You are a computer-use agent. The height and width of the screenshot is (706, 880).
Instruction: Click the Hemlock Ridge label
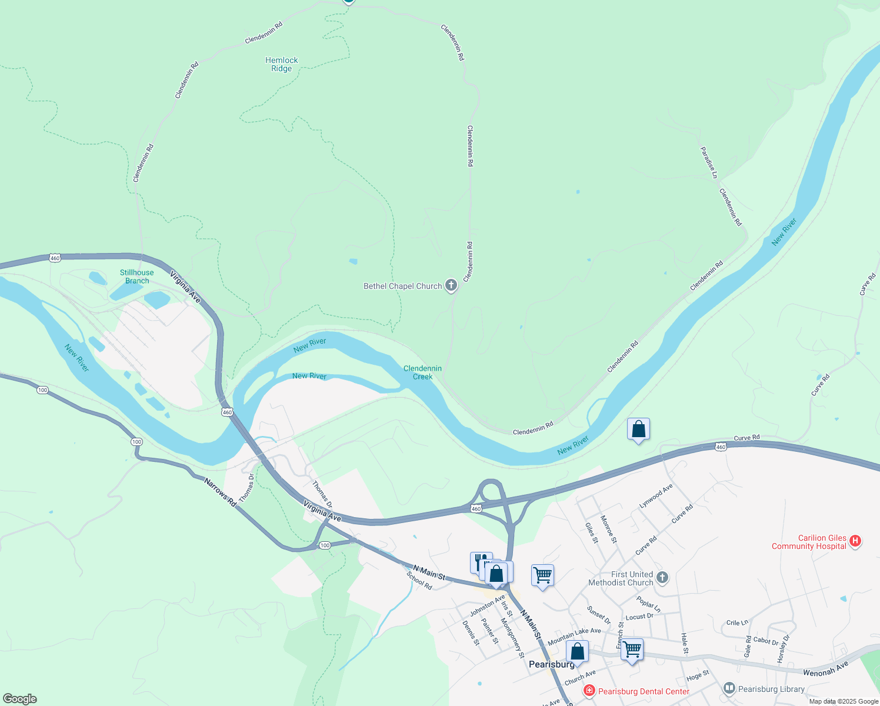click(x=281, y=64)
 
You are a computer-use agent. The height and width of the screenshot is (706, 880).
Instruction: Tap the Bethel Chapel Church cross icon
click(x=451, y=286)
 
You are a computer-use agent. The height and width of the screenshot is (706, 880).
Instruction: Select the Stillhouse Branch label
click(x=136, y=277)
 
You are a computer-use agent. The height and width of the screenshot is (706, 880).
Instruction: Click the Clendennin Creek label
click(x=422, y=372)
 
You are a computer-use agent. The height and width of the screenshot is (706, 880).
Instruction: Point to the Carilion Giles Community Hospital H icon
click(x=856, y=541)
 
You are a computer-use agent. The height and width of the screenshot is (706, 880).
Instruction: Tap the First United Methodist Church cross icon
click(x=662, y=577)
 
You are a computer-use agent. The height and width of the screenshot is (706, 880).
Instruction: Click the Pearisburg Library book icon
click(x=729, y=688)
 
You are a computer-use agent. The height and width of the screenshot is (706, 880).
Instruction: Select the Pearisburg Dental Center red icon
click(x=589, y=691)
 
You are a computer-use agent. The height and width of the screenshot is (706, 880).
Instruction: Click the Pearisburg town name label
click(x=551, y=664)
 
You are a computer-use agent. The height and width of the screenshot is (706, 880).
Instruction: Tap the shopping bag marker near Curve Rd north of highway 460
click(x=638, y=430)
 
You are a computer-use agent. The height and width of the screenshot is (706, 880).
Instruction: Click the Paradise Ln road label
click(x=709, y=163)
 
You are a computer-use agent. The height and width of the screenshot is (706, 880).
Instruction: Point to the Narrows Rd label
click(x=219, y=492)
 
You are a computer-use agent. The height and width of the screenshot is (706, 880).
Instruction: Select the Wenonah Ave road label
click(x=826, y=668)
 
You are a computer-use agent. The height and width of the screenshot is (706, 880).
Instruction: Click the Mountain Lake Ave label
click(x=574, y=636)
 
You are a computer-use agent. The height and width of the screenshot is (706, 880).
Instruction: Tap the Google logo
click(x=20, y=699)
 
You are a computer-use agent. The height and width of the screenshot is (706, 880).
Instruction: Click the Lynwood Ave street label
click(x=656, y=497)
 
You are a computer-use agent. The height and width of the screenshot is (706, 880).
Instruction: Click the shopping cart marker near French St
click(x=632, y=650)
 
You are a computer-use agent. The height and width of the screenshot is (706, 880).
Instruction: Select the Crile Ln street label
click(x=737, y=622)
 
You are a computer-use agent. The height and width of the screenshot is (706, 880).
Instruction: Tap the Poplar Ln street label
click(x=648, y=604)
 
